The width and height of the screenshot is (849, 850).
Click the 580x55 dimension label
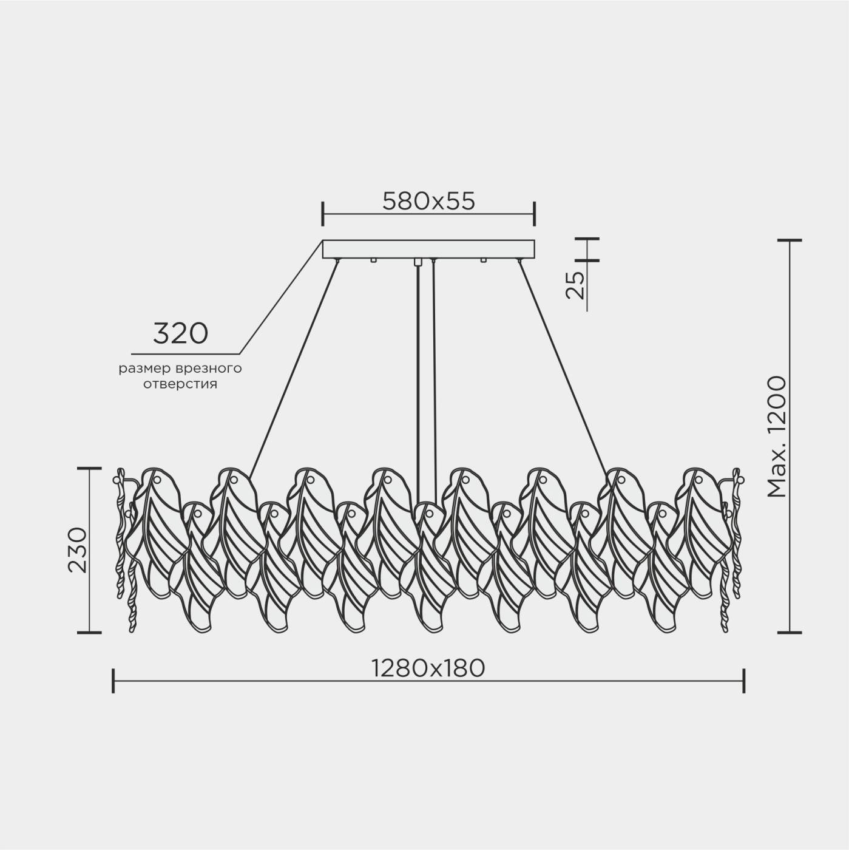point(428,201)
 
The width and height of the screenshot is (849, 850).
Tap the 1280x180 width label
point(428,668)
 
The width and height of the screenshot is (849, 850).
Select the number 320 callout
point(180,333)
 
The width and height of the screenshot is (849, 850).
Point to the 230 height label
point(78,549)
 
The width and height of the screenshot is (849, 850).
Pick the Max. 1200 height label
point(776,437)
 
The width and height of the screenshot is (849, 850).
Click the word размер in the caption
point(144,369)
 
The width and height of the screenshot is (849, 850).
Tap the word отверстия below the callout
point(180,384)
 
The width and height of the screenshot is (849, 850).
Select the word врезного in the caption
point(209,369)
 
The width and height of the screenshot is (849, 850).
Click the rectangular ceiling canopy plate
point(428,249)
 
